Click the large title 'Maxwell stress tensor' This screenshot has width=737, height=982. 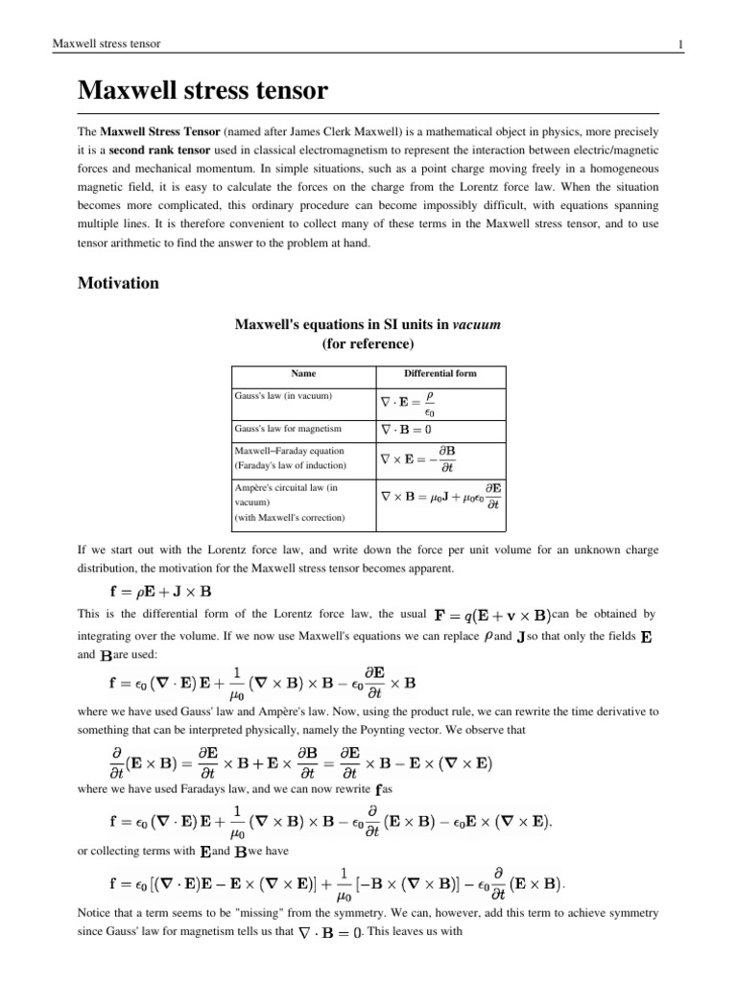[x=202, y=92]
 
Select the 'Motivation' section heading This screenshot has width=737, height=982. [x=118, y=284]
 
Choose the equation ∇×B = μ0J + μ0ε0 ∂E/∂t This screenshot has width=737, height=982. [x=440, y=497]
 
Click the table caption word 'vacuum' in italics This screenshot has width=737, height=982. [x=477, y=325]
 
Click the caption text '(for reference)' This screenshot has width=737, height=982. [x=368, y=343]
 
